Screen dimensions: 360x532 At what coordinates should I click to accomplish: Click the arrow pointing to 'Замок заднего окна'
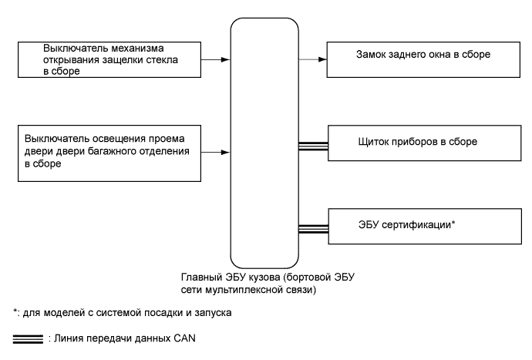coord(314,57)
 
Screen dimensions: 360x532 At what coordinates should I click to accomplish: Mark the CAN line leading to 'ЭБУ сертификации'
coord(314,227)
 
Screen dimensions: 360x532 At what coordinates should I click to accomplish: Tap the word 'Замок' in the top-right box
coord(373,56)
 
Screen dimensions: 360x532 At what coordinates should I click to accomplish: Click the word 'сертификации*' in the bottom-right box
coord(421,227)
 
